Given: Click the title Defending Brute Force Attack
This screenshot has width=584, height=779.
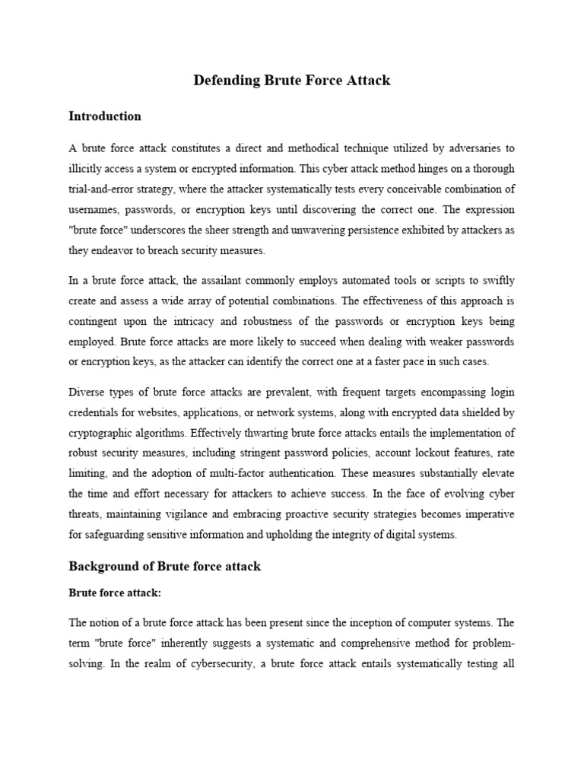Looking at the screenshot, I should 291,80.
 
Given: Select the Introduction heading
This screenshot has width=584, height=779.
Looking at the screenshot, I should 105,116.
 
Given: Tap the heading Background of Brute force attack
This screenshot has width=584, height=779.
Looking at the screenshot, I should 165,566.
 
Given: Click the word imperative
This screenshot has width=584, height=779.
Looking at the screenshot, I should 487,514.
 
